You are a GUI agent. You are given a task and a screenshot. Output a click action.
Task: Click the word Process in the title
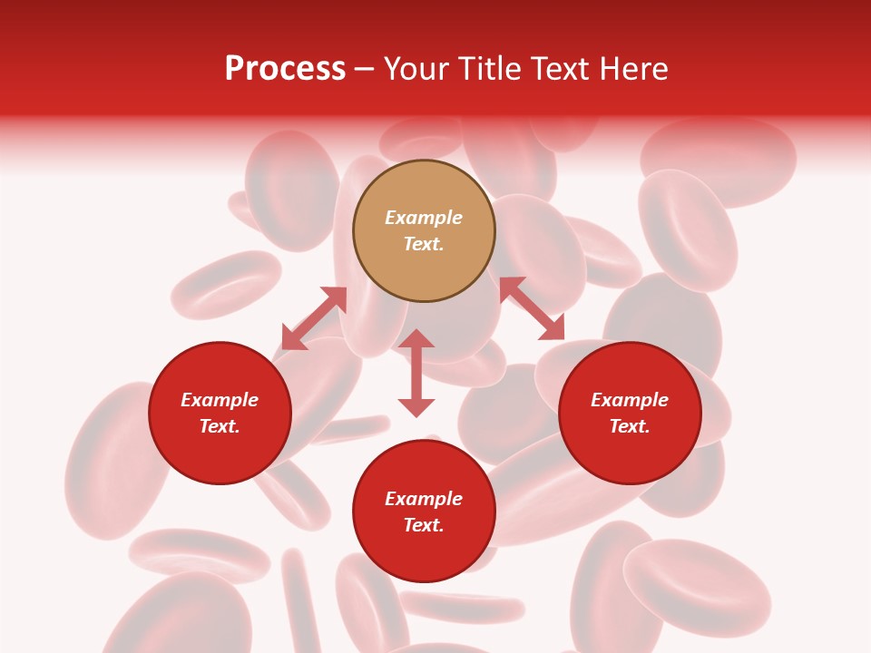285,69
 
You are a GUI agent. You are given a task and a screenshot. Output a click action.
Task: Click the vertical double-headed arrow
416,373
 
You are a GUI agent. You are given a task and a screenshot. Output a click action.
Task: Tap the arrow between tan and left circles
314,318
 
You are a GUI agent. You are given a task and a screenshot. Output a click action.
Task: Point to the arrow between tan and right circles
532,308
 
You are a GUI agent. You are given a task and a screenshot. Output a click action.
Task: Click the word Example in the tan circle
424,218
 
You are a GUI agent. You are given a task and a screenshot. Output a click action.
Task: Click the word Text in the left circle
220,426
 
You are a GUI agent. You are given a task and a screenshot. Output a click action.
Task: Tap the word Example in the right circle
630,400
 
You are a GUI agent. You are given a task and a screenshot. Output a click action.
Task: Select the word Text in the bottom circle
424,525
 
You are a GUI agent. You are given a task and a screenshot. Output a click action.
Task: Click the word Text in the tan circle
424,244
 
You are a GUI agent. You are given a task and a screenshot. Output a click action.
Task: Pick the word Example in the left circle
220,400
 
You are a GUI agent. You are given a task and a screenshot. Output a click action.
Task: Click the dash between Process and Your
365,70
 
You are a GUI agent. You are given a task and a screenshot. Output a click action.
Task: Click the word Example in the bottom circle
424,499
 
